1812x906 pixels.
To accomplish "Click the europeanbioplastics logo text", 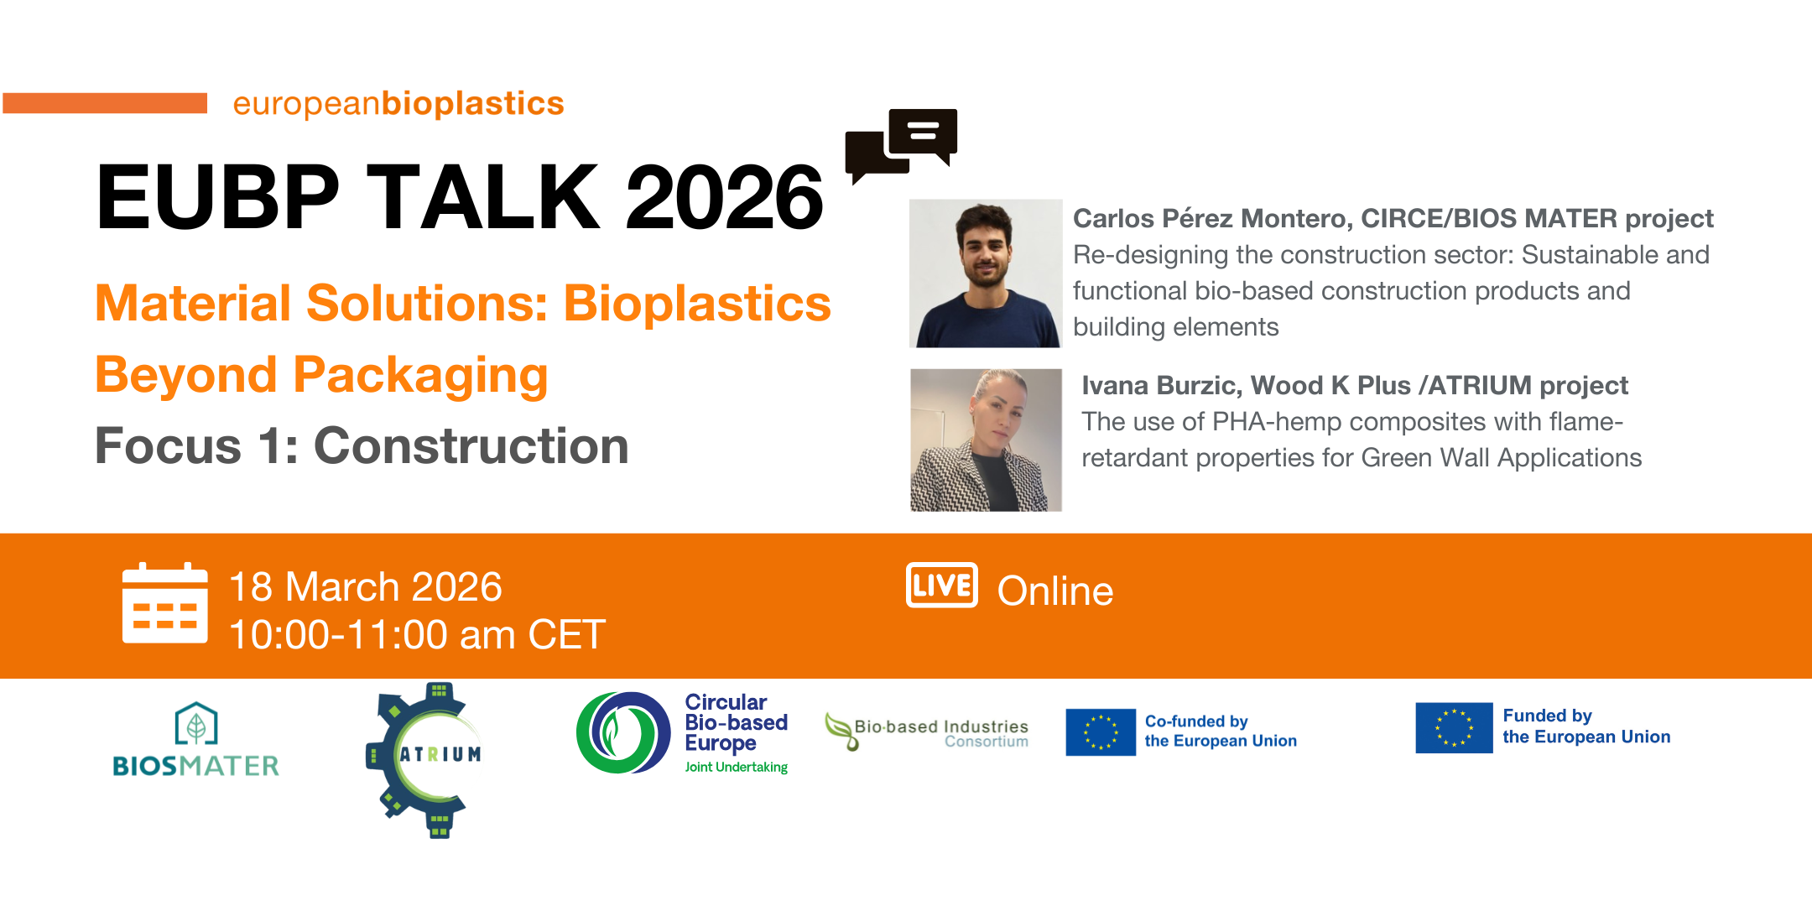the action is [x=398, y=104].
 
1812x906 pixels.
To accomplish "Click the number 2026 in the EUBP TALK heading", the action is [x=725, y=197].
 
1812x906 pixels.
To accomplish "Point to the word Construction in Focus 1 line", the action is [x=471, y=445].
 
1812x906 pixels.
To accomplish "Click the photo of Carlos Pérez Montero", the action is [x=986, y=273].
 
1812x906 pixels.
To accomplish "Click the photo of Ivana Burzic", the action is [x=986, y=440].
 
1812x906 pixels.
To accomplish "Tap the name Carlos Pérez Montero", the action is [x=1212, y=218].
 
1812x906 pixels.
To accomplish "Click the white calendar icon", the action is [x=164, y=603].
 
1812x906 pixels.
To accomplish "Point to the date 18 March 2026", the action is [x=366, y=586].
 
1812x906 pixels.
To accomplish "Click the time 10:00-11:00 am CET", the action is [x=417, y=634].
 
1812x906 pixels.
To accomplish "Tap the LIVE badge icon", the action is [x=942, y=585].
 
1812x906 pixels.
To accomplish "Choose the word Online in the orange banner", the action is [x=1055, y=591].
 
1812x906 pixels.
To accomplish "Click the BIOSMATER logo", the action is [x=196, y=739].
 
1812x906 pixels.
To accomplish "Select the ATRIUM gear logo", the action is [x=424, y=760].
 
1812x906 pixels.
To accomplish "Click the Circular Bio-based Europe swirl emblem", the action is [x=622, y=732].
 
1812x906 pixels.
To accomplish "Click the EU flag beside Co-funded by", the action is [x=1101, y=732].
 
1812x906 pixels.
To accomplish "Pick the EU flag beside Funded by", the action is [x=1454, y=727].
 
